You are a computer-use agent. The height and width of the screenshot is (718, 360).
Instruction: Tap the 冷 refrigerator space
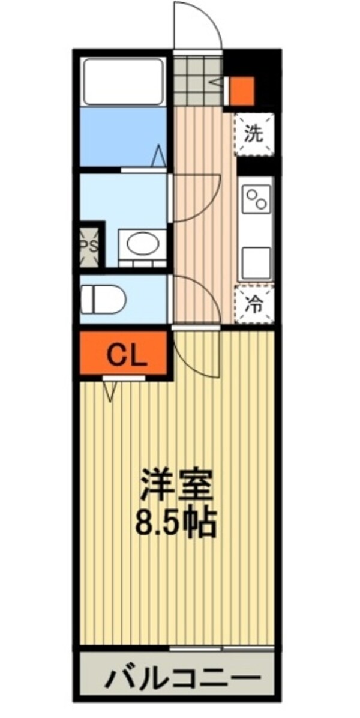coord(254,304)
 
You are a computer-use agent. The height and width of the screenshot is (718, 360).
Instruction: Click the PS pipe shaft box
coord(90,244)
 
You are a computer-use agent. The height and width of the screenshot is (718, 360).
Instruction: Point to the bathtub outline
coord(124,81)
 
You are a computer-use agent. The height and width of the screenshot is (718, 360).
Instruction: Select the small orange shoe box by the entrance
coord(243,90)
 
